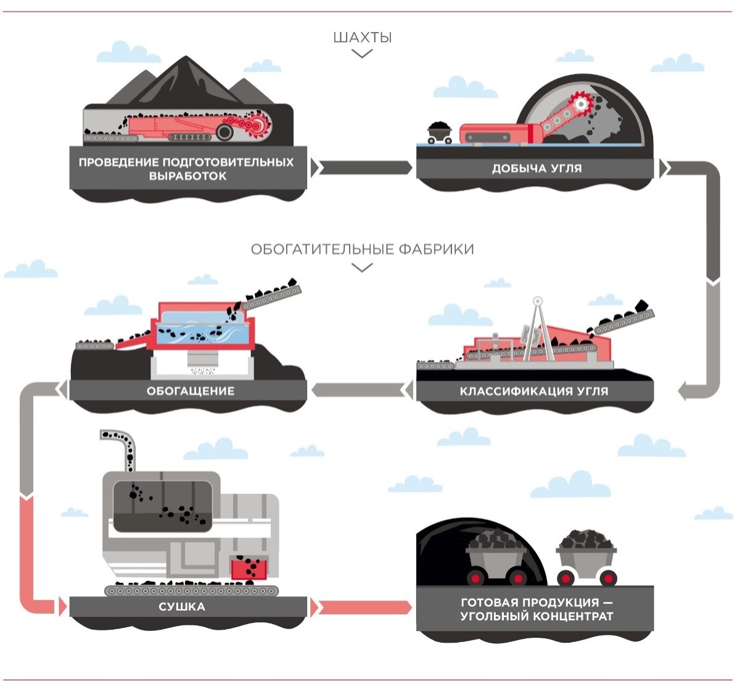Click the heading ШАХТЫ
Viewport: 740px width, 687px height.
[362, 38]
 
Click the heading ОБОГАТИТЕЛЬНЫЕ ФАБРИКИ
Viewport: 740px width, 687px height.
[362, 250]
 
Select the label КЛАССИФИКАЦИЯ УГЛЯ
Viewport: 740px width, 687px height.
[534, 391]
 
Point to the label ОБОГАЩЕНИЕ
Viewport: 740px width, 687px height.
[191, 391]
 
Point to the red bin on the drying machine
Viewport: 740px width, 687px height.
[249, 567]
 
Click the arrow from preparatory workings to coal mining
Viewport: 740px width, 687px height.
[364, 168]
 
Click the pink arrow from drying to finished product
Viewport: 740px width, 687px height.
[364, 608]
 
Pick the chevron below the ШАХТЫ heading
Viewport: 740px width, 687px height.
[362, 54]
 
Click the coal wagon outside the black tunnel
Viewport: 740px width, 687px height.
[586, 555]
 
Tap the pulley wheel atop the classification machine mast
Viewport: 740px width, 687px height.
[538, 301]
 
